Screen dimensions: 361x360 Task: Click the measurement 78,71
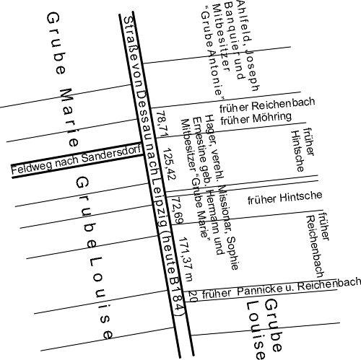click(162, 124)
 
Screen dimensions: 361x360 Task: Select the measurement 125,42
click(170, 164)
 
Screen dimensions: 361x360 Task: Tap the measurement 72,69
click(178, 211)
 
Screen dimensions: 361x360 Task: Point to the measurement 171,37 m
click(186, 259)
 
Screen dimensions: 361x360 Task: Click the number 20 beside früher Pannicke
click(193, 297)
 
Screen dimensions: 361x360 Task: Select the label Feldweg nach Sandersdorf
click(76, 159)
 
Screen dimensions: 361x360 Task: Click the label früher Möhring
click(256, 118)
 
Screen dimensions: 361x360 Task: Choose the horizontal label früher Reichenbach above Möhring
click(267, 105)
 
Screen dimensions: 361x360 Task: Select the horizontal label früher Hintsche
click(285, 198)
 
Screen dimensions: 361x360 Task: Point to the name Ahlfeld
click(244, 21)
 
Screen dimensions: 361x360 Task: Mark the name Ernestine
click(199, 139)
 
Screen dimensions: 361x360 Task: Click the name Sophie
click(232, 253)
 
